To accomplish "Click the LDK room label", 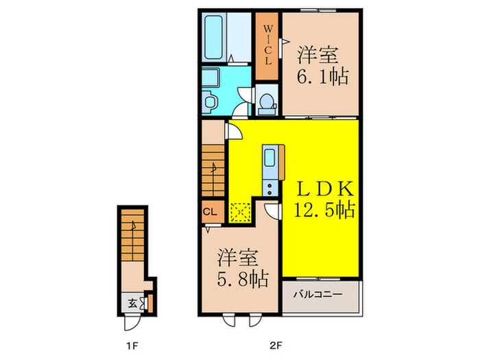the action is coord(325,189).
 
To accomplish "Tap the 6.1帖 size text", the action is coord(322,76).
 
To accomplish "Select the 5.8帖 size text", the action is coord(243,278).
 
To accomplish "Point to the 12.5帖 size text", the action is coord(324,210).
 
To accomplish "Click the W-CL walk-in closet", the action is coord(267,46).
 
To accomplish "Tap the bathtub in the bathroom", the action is coord(213,37).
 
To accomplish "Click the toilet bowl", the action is coord(267,104).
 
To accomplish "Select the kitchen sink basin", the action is coord(269,157).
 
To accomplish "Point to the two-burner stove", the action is coord(269,189).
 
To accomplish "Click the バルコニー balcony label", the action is coord(317,295).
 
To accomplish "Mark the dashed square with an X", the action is coord(240,211).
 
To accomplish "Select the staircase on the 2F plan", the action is coord(213,171).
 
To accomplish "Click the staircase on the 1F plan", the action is coord(132,235).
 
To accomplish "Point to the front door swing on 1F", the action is coord(132,323).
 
